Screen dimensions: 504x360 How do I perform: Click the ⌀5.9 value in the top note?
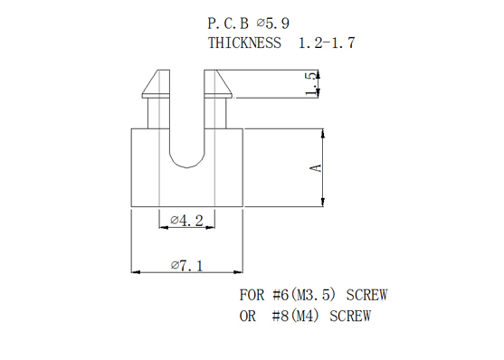tap(273, 24)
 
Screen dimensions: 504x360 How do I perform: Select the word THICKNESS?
tap(244, 43)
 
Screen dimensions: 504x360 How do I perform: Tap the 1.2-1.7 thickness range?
tap(327, 43)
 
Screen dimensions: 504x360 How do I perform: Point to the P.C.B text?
tap(228, 24)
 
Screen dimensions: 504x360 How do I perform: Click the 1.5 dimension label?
tap(311, 84)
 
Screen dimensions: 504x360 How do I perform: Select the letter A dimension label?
tap(317, 168)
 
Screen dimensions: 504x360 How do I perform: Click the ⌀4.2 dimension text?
tap(186, 221)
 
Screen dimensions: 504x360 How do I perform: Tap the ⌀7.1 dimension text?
tap(186, 266)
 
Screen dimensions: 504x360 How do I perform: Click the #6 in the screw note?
tap(281, 295)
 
